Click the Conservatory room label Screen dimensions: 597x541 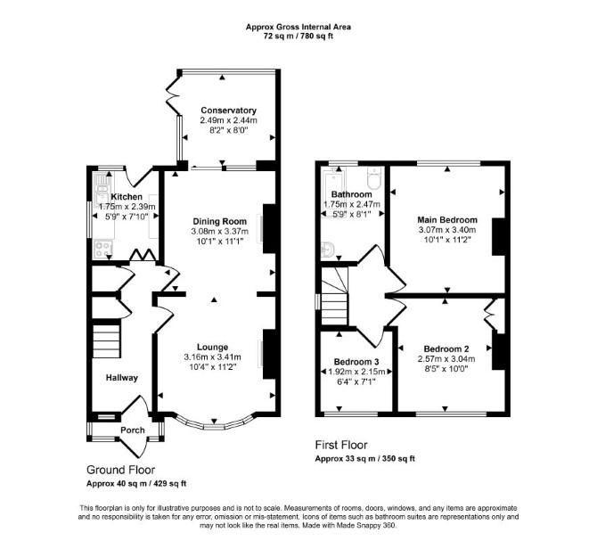tap(228, 111)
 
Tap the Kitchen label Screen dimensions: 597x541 tap(127, 197)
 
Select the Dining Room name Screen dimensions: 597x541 tap(220, 221)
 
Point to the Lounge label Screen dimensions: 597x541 tap(212, 347)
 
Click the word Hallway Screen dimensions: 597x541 tap(122, 378)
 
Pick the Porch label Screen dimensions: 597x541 tap(133, 430)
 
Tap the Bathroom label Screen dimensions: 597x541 tap(351, 194)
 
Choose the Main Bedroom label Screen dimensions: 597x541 tap(447, 219)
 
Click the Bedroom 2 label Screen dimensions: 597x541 tap(446, 348)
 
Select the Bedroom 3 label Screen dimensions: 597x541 tap(356, 362)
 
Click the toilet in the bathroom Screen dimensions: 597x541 tap(373, 178)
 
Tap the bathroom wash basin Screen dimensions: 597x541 tap(328, 250)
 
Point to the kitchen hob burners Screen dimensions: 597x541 tap(102, 249)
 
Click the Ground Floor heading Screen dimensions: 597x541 tap(120, 470)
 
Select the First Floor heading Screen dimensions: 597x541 tap(341, 445)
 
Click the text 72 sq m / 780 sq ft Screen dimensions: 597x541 tap(298, 37)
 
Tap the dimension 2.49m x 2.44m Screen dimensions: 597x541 tap(228, 120)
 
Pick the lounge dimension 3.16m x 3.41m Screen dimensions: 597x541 tap(212, 357)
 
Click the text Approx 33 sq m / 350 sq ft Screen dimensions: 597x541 tap(364, 458)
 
